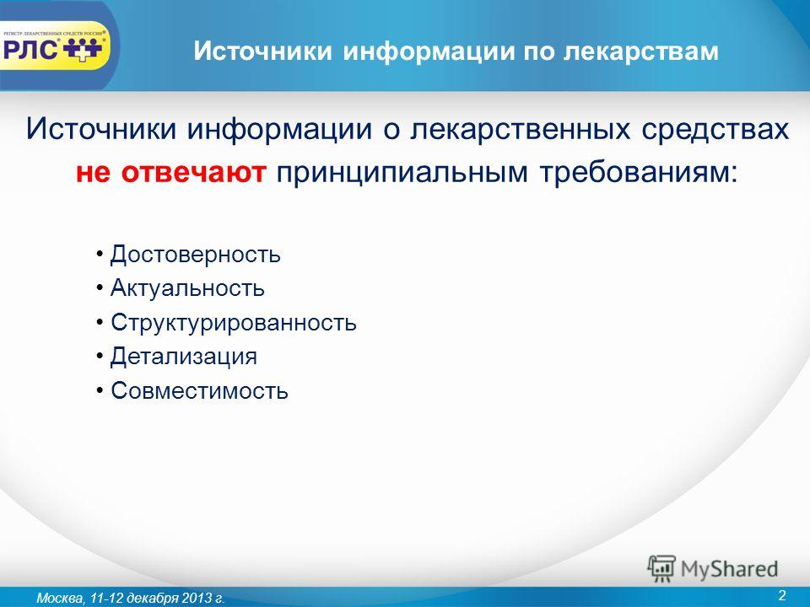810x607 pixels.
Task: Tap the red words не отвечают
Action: pos(171,172)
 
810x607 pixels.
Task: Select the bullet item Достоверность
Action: pos(195,255)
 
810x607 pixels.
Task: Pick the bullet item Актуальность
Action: pos(187,288)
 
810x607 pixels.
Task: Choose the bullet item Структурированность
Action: pos(234,323)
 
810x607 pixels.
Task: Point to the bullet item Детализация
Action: pos(184,357)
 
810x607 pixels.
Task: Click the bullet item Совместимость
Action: pos(199,390)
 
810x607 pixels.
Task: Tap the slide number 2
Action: pos(781,595)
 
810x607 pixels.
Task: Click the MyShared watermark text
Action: pos(729,569)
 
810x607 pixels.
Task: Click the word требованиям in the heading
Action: pos(639,172)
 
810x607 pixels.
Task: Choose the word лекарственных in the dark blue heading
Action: pos(521,130)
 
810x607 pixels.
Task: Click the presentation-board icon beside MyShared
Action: pos(661,568)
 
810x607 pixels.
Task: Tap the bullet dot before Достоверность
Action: pos(100,255)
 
